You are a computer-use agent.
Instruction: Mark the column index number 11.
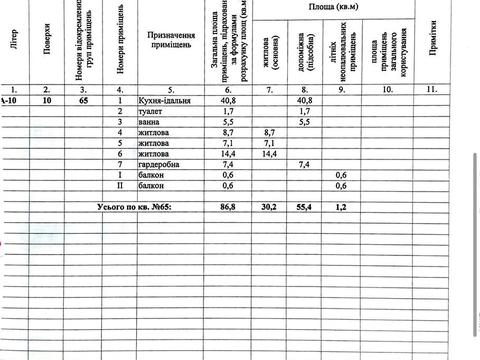pos(431,88)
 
